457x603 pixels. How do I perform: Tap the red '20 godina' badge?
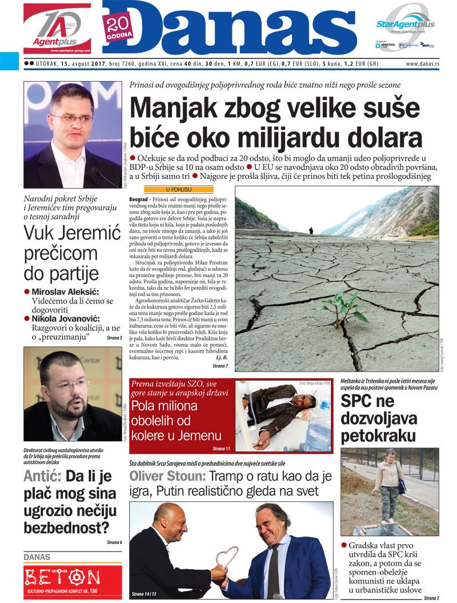(119, 26)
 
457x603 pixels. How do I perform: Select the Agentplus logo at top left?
(57, 28)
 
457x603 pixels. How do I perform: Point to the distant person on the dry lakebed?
(311, 230)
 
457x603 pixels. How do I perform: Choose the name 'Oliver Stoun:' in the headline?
(166, 477)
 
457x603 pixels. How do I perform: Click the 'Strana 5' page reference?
(431, 598)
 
